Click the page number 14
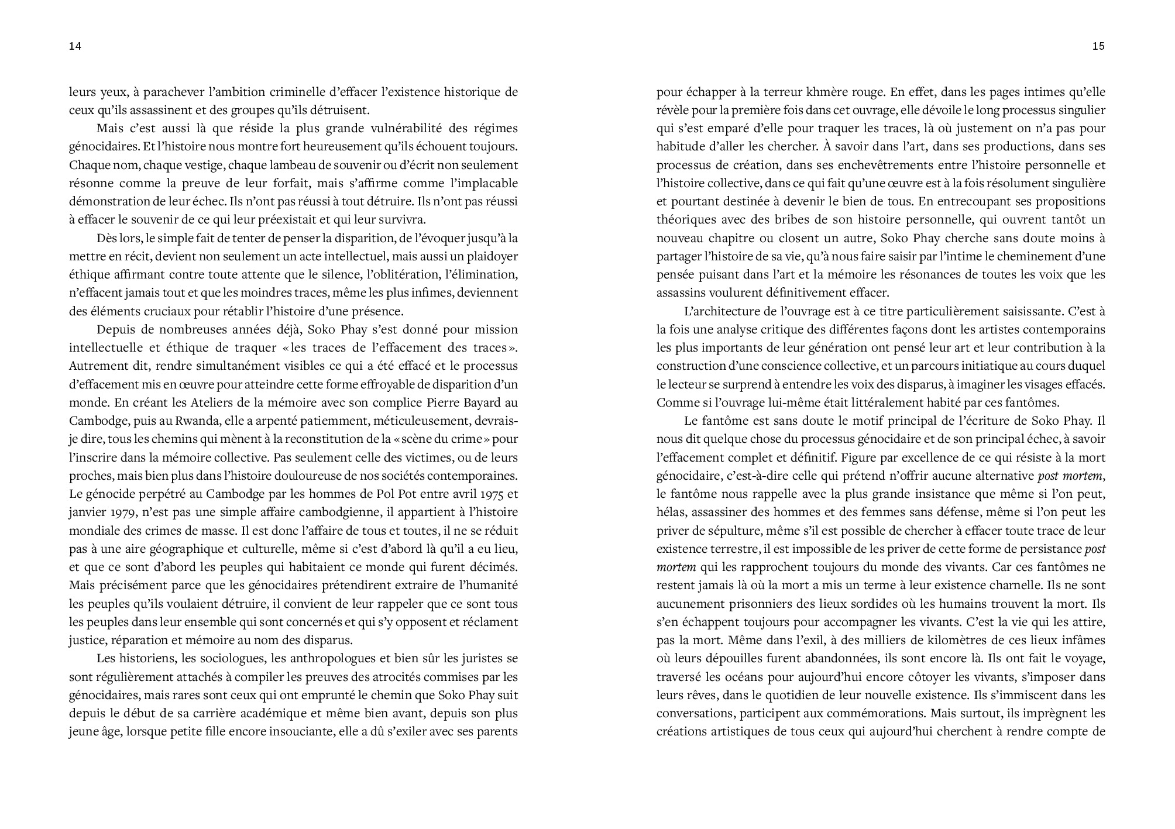(x=75, y=47)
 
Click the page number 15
(x=1098, y=47)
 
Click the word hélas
(x=672, y=512)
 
